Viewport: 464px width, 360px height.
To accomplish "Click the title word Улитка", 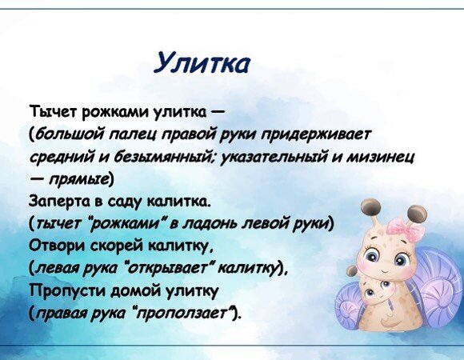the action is [202, 63].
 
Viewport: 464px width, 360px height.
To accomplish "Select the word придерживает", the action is [316, 135].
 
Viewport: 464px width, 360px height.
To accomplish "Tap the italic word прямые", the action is [79, 179].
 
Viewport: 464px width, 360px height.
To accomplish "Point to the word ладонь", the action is [210, 223].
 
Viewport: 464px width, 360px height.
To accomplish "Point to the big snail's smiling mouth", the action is [383, 270].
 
